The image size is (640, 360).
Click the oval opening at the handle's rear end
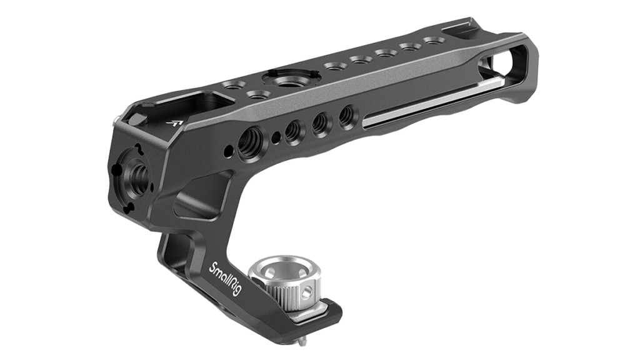[503, 62]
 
